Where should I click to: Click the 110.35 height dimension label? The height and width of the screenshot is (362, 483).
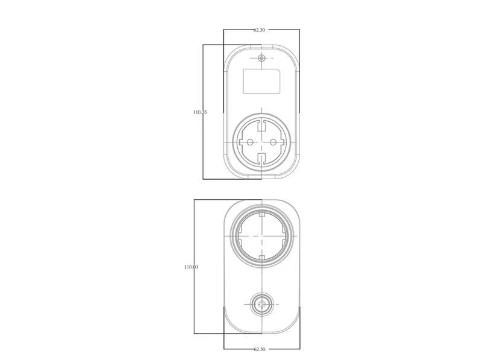coord(200,112)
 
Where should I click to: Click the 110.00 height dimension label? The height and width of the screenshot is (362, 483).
coord(191,267)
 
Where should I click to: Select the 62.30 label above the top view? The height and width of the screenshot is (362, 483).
coord(259,30)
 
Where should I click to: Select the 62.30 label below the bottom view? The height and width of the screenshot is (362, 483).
coord(260,349)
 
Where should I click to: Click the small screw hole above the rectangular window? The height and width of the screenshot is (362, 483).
coord(261,59)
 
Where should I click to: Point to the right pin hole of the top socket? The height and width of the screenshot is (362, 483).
coord(273,142)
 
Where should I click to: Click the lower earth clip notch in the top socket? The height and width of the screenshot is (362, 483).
coord(261,158)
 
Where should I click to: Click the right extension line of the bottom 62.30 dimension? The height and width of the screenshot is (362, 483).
coord(300,338)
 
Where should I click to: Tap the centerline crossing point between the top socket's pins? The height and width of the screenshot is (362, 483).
coord(261,142)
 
